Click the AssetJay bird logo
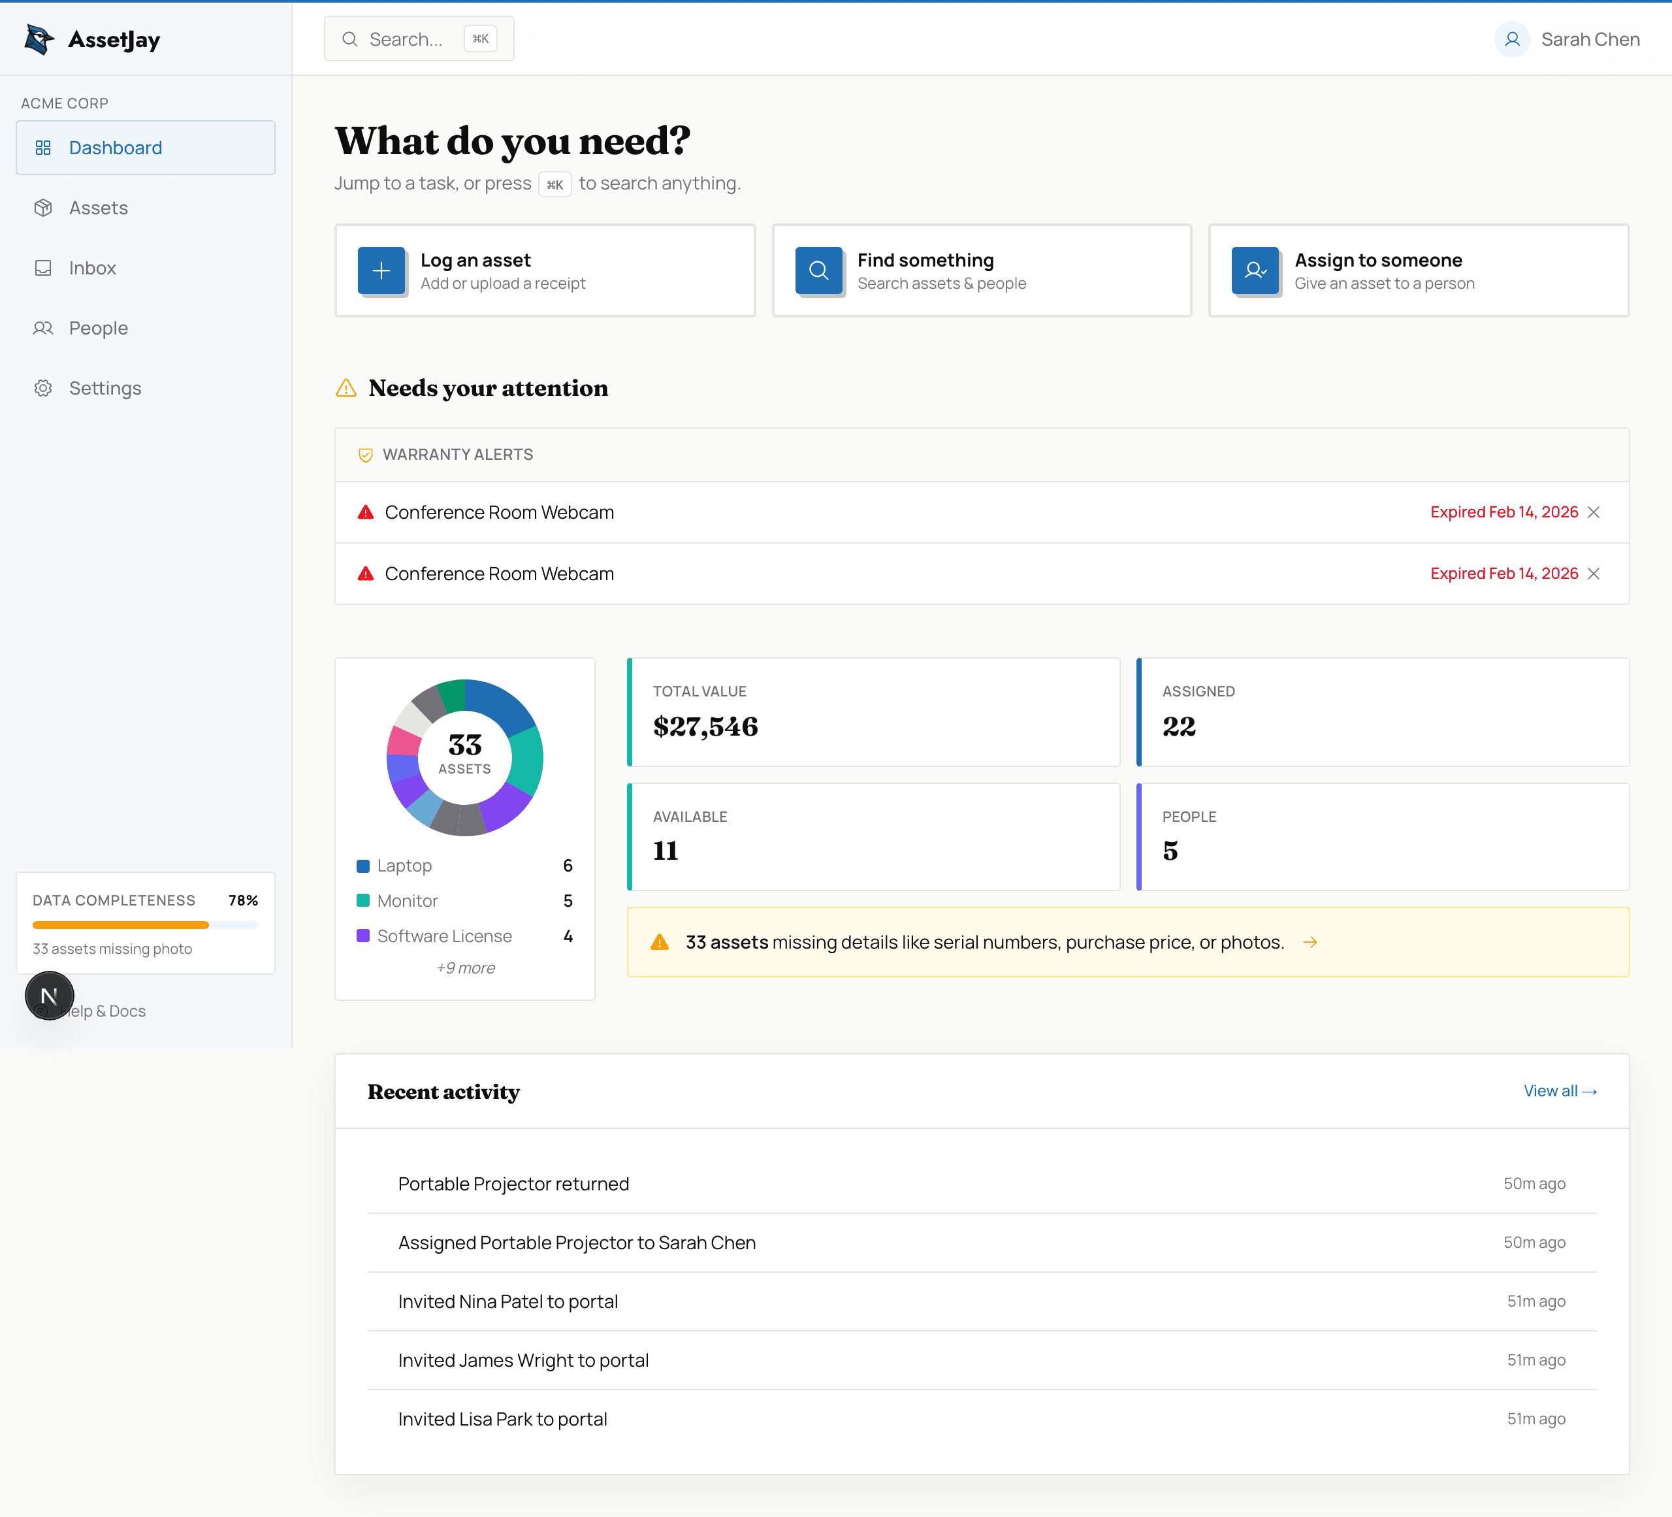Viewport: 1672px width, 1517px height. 39,39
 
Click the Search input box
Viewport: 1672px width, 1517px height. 406,39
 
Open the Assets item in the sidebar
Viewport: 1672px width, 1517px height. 98,208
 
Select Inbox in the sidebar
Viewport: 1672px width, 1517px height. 92,268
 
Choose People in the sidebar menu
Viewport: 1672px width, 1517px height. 98,329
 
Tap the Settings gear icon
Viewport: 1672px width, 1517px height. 43,388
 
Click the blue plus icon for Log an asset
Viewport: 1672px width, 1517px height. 381,270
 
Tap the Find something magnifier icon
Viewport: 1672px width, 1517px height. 818,270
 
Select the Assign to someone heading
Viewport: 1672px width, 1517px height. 1377,261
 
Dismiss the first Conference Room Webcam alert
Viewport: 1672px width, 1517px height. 1593,513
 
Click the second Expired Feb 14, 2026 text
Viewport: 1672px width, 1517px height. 1503,574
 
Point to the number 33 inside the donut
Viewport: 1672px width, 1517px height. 464,744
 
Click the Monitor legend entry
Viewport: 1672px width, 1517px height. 407,901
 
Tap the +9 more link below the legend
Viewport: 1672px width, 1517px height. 465,968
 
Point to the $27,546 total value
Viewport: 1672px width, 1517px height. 705,726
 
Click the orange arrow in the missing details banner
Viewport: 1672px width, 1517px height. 1310,942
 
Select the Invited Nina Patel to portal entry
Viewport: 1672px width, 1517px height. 507,1301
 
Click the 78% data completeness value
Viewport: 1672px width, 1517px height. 243,901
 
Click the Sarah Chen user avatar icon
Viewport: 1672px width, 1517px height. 1512,39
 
